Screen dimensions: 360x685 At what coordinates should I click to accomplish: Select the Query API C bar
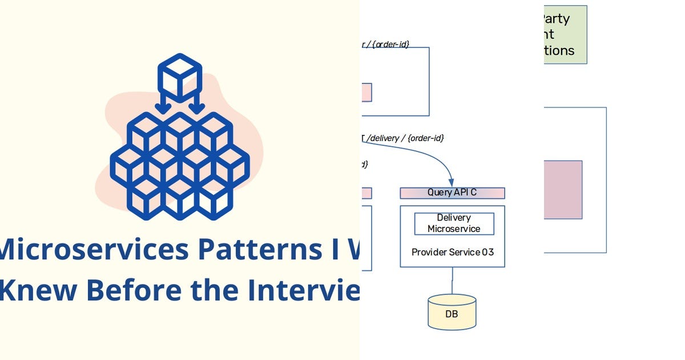pos(452,193)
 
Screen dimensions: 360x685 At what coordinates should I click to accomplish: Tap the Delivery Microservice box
pos(454,223)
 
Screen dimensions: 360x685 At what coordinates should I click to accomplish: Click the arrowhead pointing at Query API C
pos(452,181)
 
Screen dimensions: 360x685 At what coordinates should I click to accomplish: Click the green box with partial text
pos(565,34)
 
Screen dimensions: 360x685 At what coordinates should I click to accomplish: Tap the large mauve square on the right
pos(563,190)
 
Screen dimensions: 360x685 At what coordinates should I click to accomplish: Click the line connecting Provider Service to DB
pos(452,281)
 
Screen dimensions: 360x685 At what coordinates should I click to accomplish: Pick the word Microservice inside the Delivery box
pos(454,229)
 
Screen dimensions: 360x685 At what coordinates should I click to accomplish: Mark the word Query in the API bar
pos(440,193)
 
